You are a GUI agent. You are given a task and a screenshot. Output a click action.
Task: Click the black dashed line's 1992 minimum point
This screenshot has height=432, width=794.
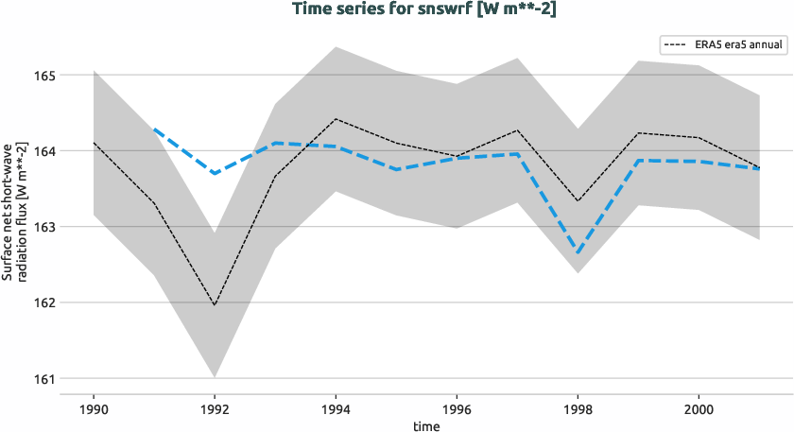click(x=215, y=305)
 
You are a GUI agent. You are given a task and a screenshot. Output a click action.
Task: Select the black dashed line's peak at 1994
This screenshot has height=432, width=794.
click(x=336, y=119)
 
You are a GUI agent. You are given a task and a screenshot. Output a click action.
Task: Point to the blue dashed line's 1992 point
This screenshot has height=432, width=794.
click(x=215, y=173)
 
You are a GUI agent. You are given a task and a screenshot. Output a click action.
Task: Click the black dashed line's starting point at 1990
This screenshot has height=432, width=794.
click(x=93, y=143)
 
